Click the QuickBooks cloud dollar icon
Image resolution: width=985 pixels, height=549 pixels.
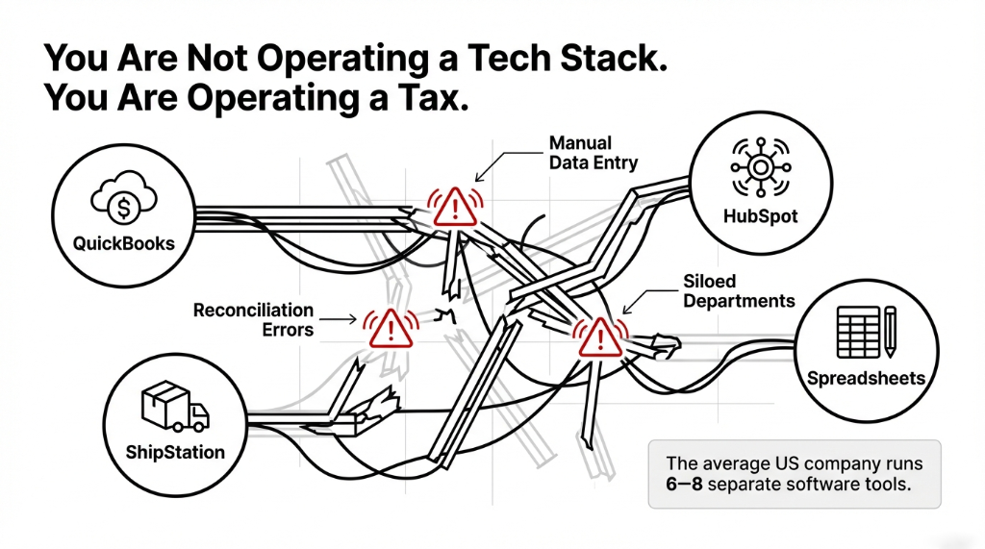(x=124, y=200)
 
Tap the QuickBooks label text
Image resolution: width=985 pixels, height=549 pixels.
(x=124, y=243)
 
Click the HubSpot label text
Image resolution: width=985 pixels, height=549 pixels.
(x=760, y=216)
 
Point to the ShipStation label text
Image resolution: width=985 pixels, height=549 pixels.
(x=174, y=452)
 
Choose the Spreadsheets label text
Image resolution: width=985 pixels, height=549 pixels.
(x=867, y=378)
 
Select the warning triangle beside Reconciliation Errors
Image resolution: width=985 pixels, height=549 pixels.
(x=389, y=329)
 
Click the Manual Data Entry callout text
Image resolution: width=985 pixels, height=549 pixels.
(x=593, y=152)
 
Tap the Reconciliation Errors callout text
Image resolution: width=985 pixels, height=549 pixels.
(x=254, y=320)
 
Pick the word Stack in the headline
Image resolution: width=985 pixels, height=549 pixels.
(x=601, y=58)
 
